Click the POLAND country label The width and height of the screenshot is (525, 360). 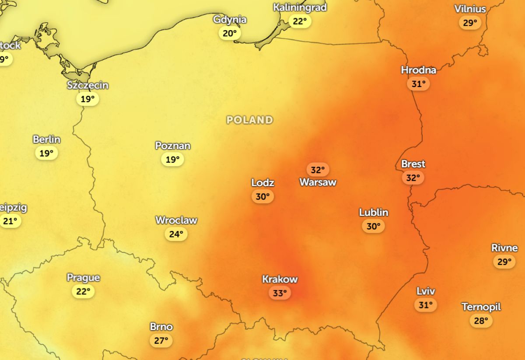point(250,120)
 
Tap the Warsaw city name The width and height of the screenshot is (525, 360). point(318,182)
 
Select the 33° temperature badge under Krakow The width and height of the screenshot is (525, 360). point(280,293)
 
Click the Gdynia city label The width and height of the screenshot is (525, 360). point(230,20)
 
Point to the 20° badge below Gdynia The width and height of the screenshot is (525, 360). point(230,33)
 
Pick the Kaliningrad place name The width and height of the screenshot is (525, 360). point(300,8)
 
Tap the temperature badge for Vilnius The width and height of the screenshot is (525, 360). point(470,23)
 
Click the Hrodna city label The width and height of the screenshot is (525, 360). point(418,70)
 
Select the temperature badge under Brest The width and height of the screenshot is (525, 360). point(413,178)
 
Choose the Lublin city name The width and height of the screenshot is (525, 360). point(374,213)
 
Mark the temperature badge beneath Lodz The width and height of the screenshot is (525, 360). point(262,197)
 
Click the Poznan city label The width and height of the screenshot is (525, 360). point(173,146)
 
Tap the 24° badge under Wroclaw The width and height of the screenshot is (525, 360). point(176,234)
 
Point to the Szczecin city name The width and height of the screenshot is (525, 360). point(87,85)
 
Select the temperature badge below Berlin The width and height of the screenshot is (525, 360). point(46,154)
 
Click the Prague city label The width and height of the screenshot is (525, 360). point(83,278)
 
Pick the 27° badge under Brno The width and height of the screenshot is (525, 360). point(161,341)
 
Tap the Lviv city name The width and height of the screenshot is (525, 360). point(426,291)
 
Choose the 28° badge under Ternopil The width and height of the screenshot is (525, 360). point(481,321)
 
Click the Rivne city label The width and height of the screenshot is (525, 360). point(504,248)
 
